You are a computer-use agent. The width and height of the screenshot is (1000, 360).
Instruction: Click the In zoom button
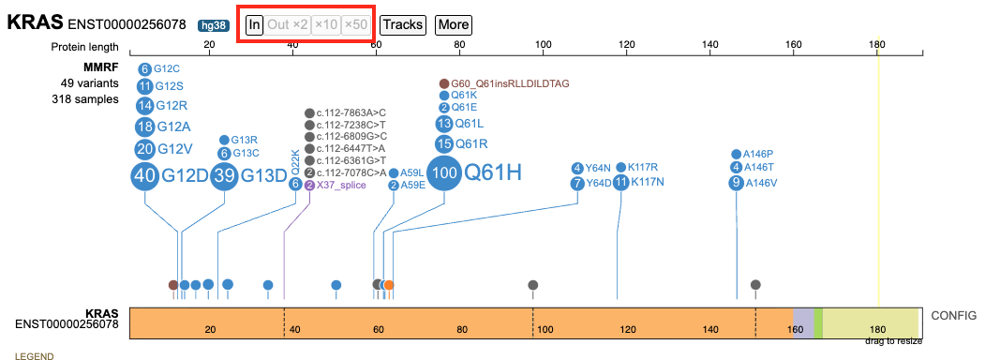(255, 25)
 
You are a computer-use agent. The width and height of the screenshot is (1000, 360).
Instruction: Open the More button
(454, 25)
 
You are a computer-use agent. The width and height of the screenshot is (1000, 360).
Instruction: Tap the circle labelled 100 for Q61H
(444, 172)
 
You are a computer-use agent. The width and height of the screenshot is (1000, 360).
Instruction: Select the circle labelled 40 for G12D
(144, 175)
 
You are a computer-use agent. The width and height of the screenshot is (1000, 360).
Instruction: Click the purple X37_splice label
(341, 185)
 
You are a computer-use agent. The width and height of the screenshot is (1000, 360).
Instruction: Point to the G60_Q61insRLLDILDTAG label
(510, 83)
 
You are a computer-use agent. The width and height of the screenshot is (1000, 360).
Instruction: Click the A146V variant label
(761, 183)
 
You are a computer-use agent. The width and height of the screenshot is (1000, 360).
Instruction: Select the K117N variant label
(648, 183)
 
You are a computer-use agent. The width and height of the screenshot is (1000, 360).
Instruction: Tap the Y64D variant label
(599, 184)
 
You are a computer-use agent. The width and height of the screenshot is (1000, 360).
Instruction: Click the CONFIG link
(953, 315)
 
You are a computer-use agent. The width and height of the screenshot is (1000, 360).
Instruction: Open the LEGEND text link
(34, 356)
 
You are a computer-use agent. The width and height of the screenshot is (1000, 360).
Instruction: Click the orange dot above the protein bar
(388, 285)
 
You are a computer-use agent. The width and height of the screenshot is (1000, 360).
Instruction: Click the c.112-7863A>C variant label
(351, 113)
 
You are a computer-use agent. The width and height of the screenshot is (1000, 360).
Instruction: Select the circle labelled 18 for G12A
(144, 127)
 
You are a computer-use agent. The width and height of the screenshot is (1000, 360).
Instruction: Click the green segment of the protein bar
(818, 323)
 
